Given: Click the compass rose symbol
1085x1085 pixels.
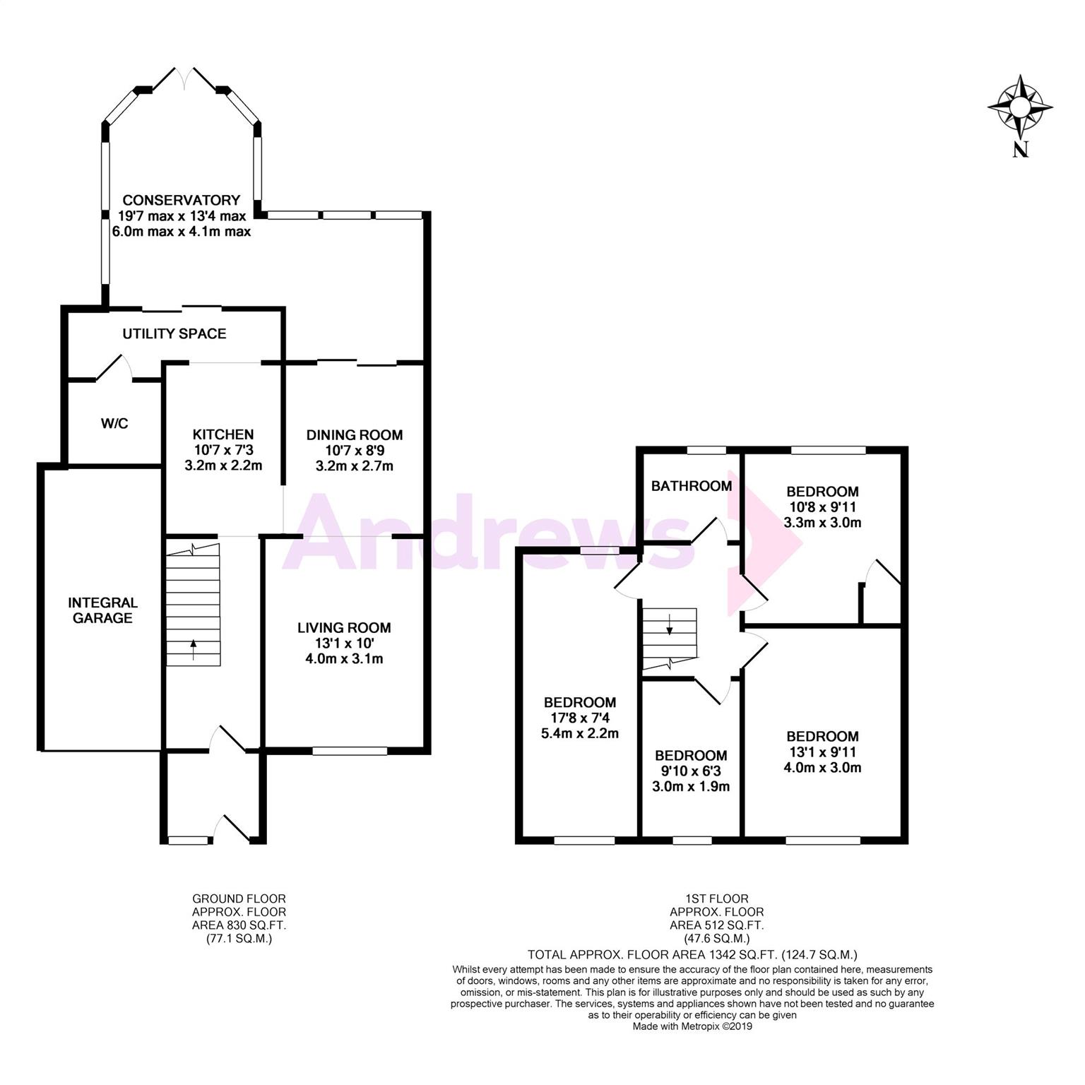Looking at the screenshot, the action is point(1020,107).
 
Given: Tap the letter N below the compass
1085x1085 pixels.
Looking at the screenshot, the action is point(1020,149).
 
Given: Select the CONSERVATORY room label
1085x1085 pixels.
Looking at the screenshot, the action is point(182,200).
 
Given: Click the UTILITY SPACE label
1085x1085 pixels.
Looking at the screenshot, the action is point(174,333).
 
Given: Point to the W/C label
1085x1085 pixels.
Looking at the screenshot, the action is point(114,424).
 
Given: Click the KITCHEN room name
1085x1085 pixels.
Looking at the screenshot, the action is point(223,434).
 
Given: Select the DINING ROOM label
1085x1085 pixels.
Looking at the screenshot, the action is point(355,435).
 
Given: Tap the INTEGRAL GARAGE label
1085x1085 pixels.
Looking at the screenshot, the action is point(103,610).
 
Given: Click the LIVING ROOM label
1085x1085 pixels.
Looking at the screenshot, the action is point(344,627).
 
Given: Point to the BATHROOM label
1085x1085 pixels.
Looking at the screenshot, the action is point(692,486).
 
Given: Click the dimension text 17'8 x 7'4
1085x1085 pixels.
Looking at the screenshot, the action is point(580,718).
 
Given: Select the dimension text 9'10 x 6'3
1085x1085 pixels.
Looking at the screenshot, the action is point(691,771).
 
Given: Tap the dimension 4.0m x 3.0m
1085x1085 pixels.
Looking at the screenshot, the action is point(822,768).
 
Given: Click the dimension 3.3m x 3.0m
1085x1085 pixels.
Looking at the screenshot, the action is point(822,523).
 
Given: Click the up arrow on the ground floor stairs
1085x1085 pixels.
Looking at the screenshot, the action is point(193,649).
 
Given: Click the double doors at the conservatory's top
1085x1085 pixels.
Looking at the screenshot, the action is point(184,78).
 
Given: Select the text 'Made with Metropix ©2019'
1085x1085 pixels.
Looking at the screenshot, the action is point(692,1026).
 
